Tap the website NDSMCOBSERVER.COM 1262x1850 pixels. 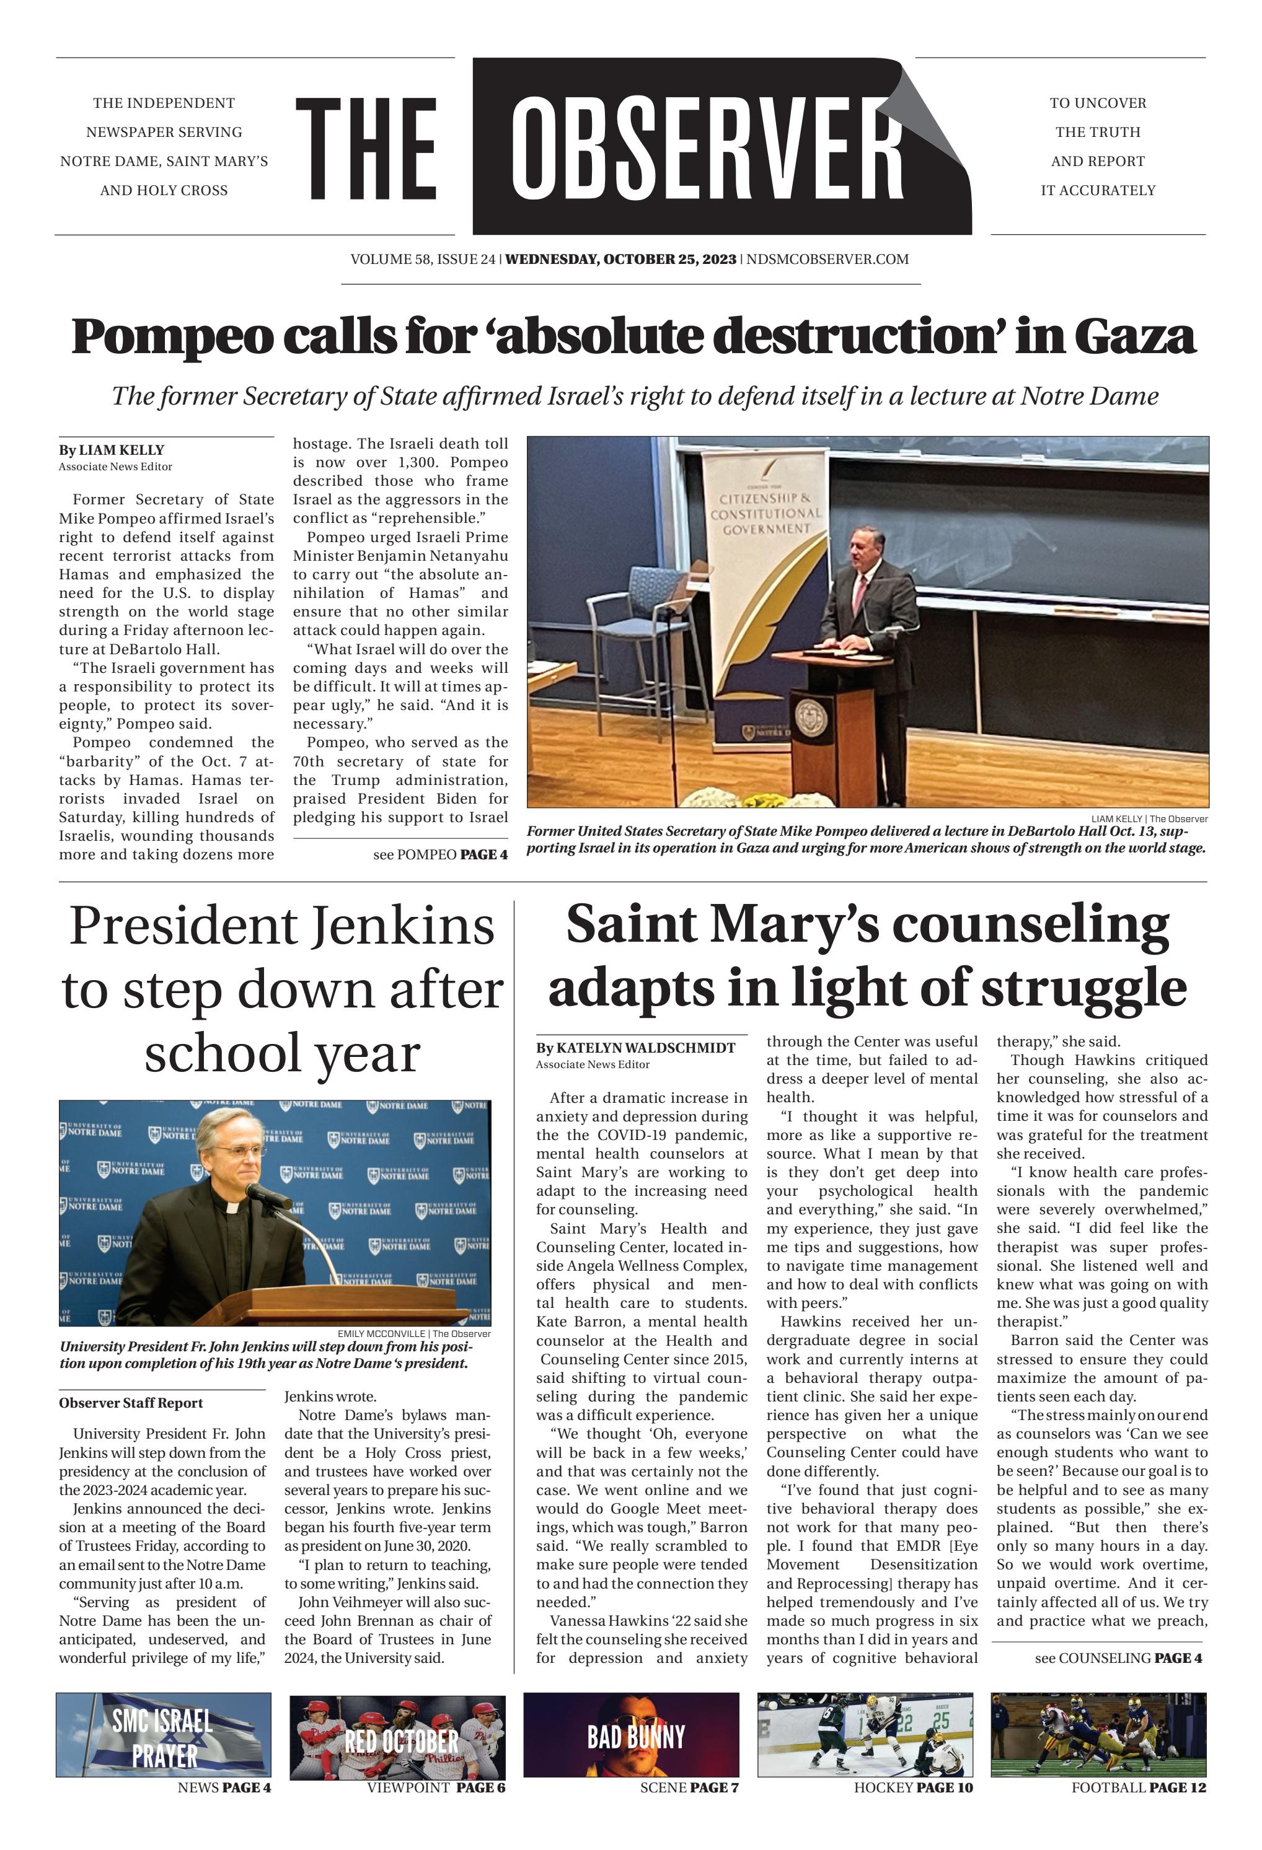tap(827, 260)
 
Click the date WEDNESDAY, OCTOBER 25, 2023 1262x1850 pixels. tap(621, 260)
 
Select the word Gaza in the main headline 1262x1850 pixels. tap(1134, 336)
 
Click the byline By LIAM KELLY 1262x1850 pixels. tap(112, 450)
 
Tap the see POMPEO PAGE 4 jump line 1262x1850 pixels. tap(439, 855)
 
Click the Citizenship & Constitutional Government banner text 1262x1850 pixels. tap(765, 514)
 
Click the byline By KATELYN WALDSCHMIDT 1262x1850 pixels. tap(635, 1048)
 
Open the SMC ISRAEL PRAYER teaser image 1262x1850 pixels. tap(163, 1735)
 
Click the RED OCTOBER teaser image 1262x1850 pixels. tap(397, 1735)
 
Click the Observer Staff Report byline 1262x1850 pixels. tap(131, 1403)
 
